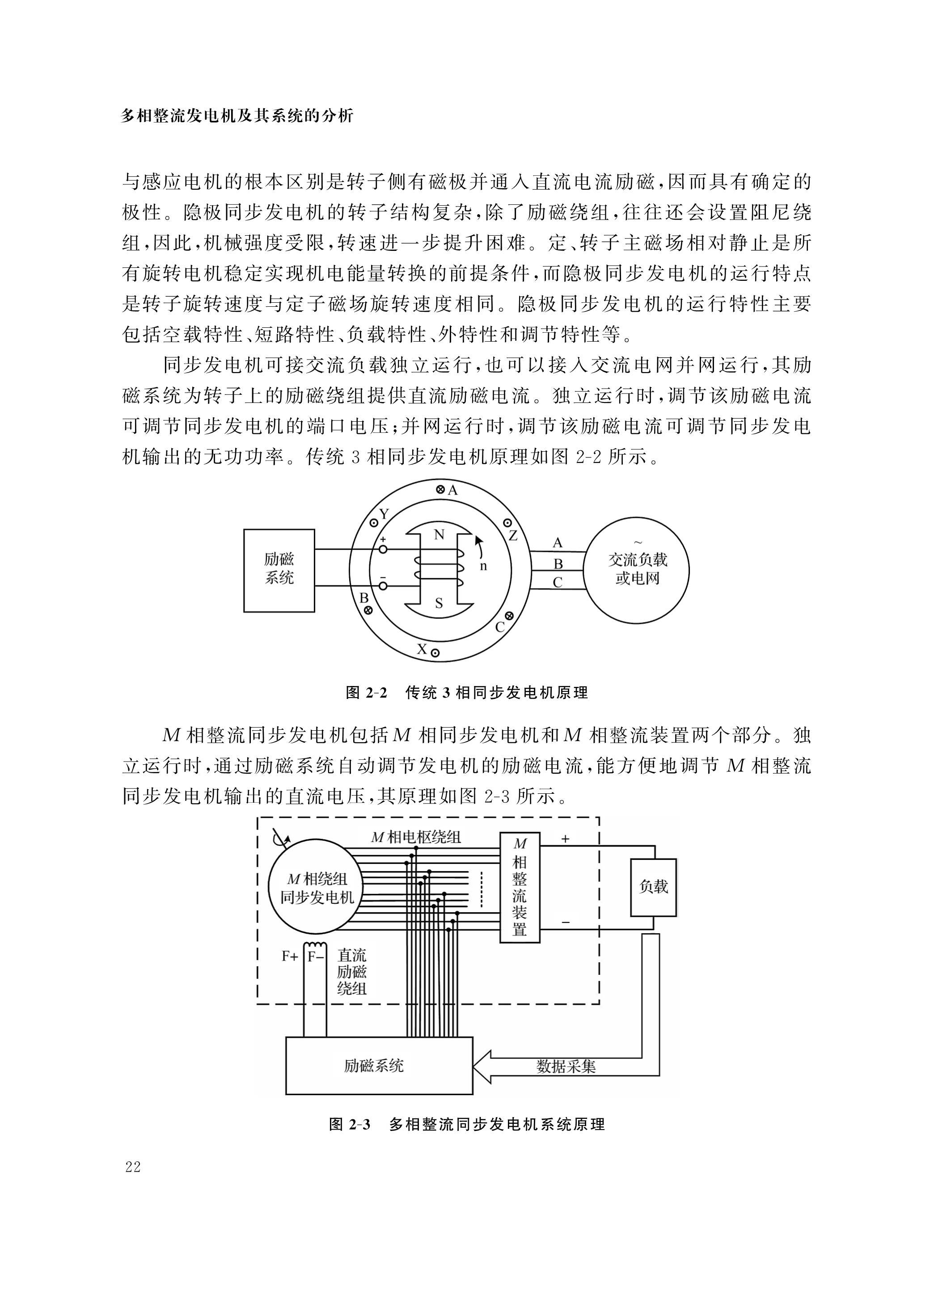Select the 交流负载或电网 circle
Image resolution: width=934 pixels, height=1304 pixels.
tap(637, 570)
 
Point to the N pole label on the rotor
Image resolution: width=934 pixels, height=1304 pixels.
tap(439, 535)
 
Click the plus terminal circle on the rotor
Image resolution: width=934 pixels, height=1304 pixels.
tap(383, 550)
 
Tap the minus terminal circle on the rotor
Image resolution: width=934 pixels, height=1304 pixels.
tap(383, 586)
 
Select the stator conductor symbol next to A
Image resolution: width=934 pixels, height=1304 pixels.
tap(440, 490)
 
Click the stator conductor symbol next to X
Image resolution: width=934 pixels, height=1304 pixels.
tap(435, 652)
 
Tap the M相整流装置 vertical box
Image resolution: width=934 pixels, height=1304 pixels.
tap(520, 887)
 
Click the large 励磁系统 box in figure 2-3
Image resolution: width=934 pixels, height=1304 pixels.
tap(379, 1065)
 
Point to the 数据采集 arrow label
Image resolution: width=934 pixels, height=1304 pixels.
tap(566, 1067)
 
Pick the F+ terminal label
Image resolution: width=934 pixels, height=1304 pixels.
tap(290, 957)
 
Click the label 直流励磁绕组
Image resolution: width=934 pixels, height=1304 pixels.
tap(352, 972)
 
